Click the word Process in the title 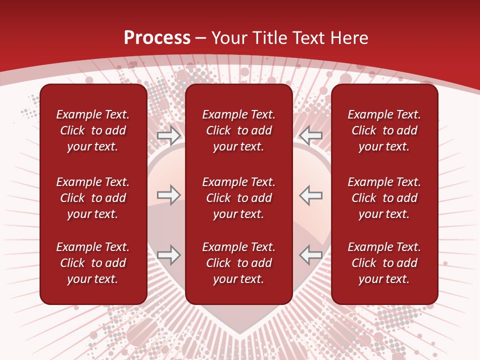tap(157, 37)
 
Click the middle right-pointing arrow tap(169, 195)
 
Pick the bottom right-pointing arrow tap(169, 255)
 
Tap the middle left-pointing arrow tap(310, 195)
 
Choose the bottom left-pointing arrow tap(310, 255)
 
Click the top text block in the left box tap(93, 130)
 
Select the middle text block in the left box tap(93, 198)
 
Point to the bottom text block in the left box tap(93, 263)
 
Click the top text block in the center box tap(238, 130)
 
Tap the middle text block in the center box tap(238, 198)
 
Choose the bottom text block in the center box tap(238, 263)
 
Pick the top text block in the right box tap(384, 130)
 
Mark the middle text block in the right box tap(384, 198)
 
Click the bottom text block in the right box tap(384, 263)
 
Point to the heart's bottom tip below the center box tap(239, 332)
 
